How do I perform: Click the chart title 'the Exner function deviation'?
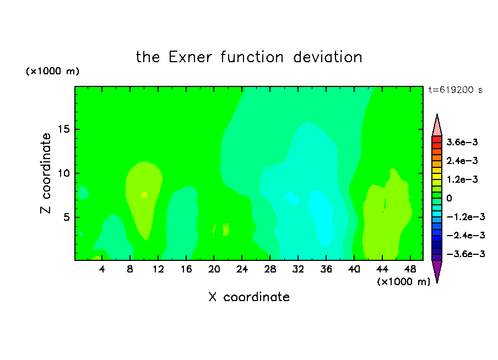249,57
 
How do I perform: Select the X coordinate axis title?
249,297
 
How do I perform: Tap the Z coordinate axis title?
46,173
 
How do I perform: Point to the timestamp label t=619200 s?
456,90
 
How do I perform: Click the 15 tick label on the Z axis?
63,129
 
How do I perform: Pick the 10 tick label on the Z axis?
63,173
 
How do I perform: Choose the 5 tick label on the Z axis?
66,217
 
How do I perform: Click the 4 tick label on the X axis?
102,269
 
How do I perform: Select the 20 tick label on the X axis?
214,269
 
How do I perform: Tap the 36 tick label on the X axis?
326,269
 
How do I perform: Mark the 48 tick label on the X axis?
410,269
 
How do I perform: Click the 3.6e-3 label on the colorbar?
462,142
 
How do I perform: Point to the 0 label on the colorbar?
449,198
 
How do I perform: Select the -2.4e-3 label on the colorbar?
465,235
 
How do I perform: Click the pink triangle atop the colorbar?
437,127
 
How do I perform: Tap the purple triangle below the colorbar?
437,270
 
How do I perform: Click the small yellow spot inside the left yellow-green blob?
144,195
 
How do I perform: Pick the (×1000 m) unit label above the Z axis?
52,71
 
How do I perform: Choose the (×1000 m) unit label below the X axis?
403,281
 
